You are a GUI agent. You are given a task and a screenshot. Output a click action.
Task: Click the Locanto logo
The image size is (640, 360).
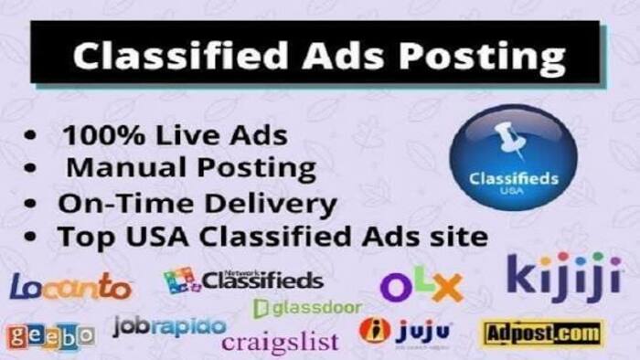coord(70,287)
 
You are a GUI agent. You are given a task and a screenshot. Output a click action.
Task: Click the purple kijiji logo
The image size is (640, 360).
coord(559,275)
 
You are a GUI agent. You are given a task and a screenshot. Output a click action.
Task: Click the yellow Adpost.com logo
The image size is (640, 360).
coord(542,333)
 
